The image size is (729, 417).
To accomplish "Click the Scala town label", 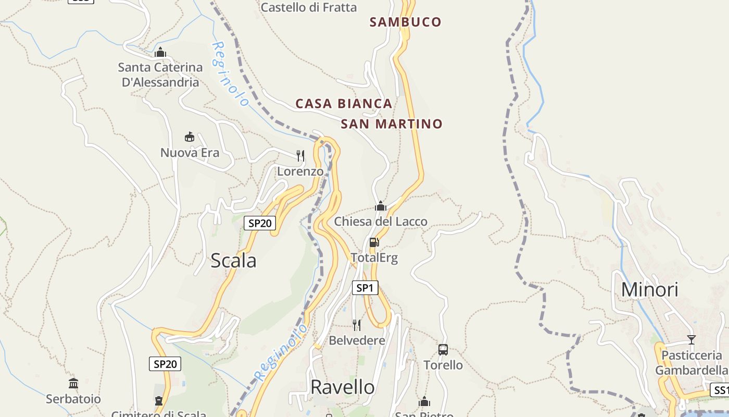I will pos(233,261).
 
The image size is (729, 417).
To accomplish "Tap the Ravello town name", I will pos(342,387).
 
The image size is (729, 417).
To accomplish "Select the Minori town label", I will pos(649,290).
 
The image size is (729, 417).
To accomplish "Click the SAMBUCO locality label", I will pos(405,22).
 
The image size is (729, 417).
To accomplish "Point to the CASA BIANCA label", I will pos(344,104).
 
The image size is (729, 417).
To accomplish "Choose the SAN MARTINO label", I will pos(391,124).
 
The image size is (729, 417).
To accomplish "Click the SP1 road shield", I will pos(365,288).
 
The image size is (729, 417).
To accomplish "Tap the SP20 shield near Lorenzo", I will pos(260,223).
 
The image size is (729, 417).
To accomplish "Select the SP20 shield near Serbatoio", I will pos(165,364).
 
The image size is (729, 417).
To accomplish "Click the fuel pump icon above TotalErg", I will pos(374,242).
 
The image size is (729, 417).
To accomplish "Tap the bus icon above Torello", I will pos(443,350).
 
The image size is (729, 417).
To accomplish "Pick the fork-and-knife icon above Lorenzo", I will pos(300,155).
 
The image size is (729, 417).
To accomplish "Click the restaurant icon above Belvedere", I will pos(357,325).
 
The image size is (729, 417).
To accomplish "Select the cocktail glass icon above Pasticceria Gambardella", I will pos(691,340).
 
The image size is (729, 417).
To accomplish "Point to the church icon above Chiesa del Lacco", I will pos(381,206).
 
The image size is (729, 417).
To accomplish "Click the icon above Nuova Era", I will pos(190,137).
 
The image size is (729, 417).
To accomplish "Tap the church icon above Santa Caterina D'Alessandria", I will pos(160,52).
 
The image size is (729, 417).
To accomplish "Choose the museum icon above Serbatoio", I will pos(73,384).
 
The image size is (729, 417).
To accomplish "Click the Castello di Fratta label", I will pos(309,7).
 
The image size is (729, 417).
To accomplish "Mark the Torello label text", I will pos(443,365).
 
